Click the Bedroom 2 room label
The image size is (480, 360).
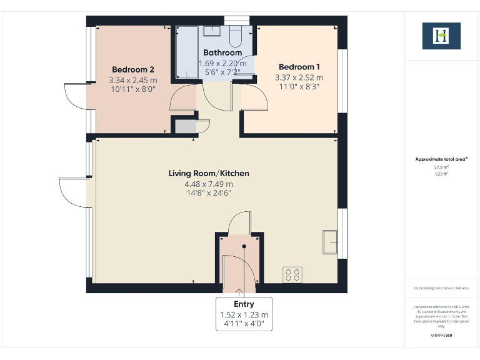click(x=132, y=69)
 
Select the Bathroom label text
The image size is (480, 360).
click(x=222, y=53)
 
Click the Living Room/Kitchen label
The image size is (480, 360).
click(x=209, y=173)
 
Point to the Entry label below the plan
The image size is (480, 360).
click(x=244, y=304)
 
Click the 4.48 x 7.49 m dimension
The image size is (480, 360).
click(x=209, y=184)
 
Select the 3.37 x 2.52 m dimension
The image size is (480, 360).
click(x=299, y=78)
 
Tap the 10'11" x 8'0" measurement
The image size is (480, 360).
click(x=132, y=89)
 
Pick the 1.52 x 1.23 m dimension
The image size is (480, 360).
click(x=244, y=314)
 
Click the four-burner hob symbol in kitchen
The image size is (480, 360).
click(x=292, y=274)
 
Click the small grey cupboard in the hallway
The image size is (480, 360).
click(x=185, y=126)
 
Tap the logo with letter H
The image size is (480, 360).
click(x=441, y=36)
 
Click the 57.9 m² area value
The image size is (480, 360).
click(x=442, y=167)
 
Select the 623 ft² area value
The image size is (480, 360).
click(x=442, y=174)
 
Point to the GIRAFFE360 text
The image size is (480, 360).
click(x=441, y=336)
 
